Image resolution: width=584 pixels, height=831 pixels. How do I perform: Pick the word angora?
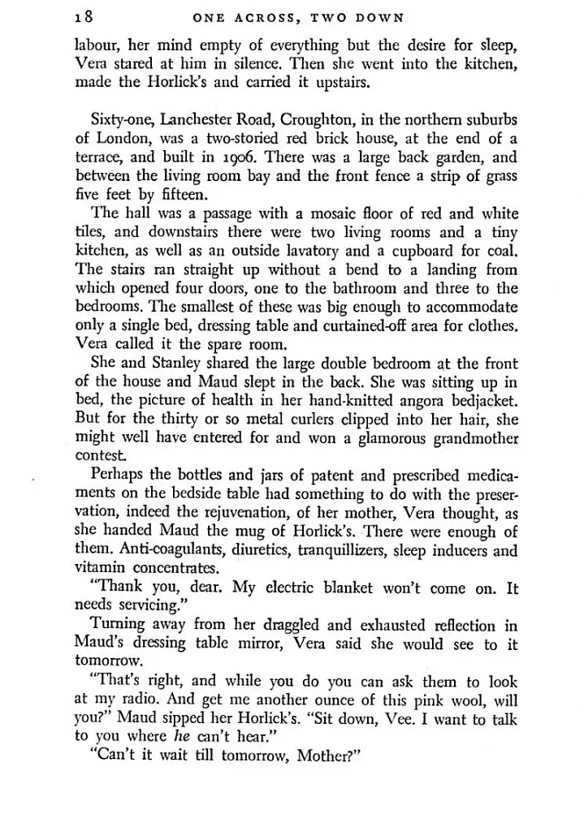tap(404, 400)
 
